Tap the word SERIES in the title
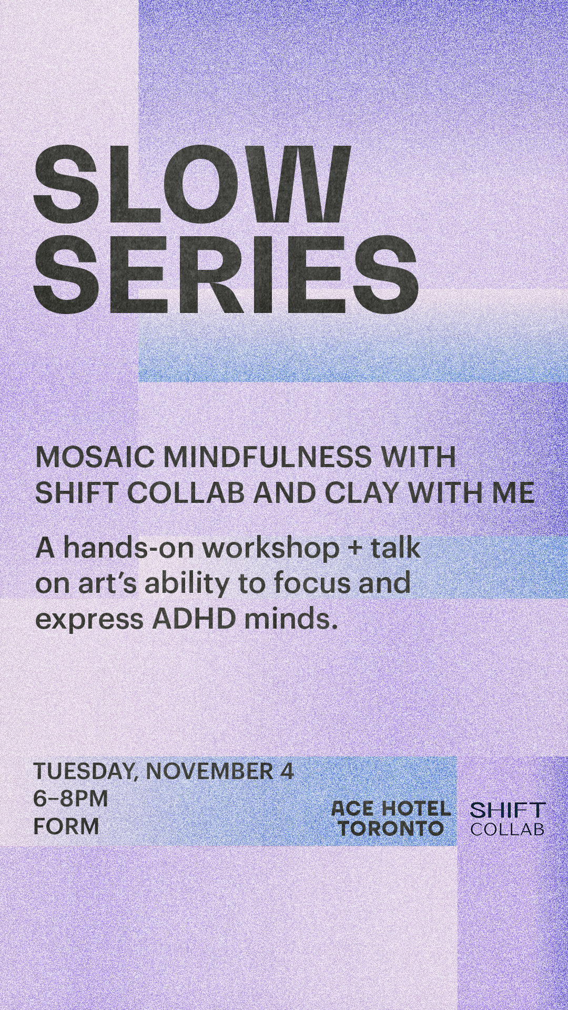click(226, 275)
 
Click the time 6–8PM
click(71, 799)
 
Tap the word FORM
click(66, 826)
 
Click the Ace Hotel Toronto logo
click(391, 819)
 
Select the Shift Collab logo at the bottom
click(507, 819)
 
